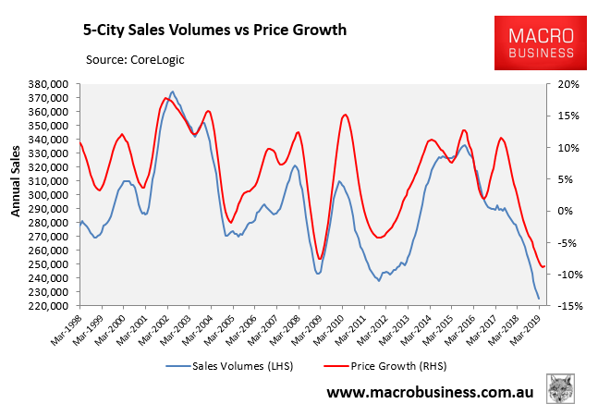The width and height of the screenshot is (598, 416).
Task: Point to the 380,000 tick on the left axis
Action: click(46, 84)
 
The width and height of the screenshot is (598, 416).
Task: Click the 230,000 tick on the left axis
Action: click(46, 292)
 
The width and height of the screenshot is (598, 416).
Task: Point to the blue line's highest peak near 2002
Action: click(173, 92)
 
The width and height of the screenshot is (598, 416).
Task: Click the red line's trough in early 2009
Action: click(319, 260)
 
